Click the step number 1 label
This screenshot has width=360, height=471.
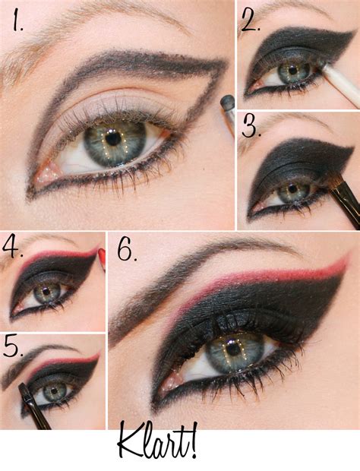coord(18,22)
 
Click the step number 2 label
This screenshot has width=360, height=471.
coord(250,21)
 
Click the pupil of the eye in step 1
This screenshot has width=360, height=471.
coord(113,139)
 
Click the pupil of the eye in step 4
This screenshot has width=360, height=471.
coord(46,291)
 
